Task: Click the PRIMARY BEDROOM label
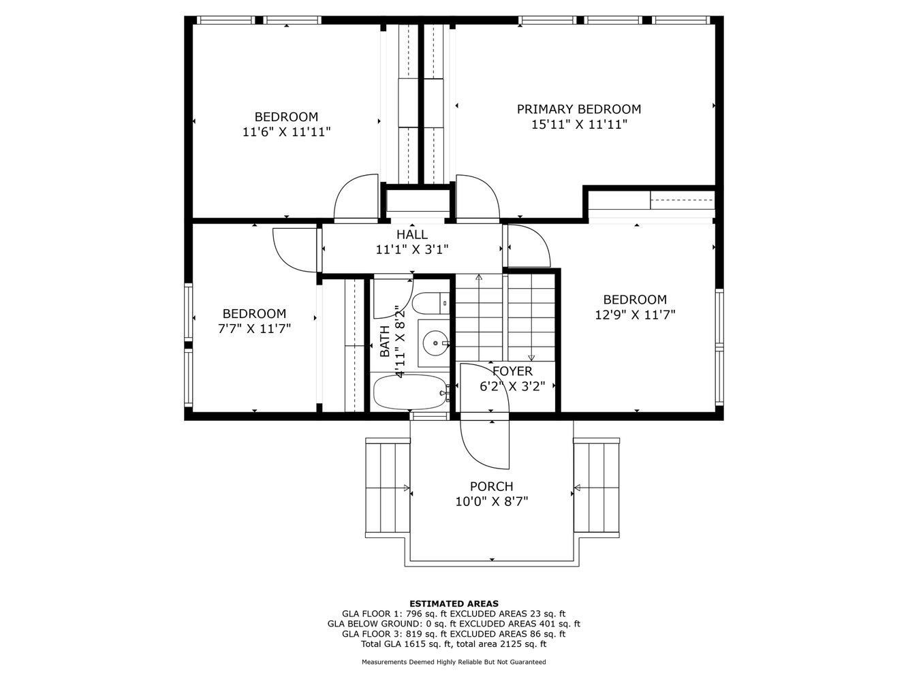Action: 578,109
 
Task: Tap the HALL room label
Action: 412,234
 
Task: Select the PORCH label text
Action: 491,486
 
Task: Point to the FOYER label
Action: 512,371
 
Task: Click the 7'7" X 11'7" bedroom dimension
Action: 254,329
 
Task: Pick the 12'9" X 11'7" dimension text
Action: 635,315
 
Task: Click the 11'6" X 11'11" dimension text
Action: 286,132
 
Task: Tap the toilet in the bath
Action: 430,303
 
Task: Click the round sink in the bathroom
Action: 435,343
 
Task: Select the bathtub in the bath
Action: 410,392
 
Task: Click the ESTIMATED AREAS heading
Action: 454,603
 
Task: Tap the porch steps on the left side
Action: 388,488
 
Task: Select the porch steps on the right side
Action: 597,488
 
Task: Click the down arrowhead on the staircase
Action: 531,358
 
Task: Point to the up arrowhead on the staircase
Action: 479,277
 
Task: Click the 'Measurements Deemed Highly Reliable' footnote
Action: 454,662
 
